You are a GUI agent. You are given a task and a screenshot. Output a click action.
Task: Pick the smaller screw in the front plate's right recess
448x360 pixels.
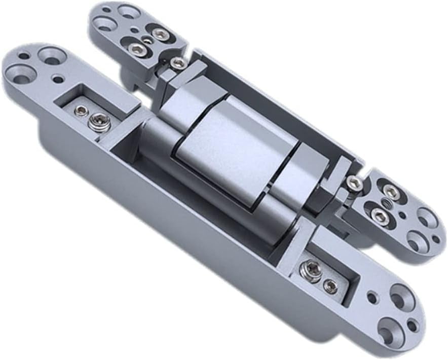tap(330, 287)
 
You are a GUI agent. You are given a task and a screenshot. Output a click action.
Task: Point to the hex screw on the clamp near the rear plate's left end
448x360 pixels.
tap(178, 63)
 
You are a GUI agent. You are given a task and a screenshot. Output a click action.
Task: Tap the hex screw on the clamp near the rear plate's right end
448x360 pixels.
tap(355, 184)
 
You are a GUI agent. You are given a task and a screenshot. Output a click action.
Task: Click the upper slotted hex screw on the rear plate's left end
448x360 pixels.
tap(160, 34)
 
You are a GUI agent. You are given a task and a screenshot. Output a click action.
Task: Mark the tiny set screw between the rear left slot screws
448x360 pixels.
tap(146, 41)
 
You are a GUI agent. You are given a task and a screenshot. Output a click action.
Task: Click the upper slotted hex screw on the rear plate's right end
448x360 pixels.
tap(390, 192)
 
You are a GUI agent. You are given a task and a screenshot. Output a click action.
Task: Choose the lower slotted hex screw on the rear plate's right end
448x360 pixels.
tap(379, 217)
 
